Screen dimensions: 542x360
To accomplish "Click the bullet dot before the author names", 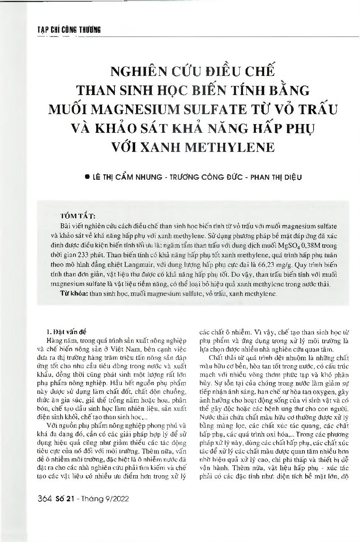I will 87,177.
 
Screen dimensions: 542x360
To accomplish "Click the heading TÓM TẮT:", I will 78,216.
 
